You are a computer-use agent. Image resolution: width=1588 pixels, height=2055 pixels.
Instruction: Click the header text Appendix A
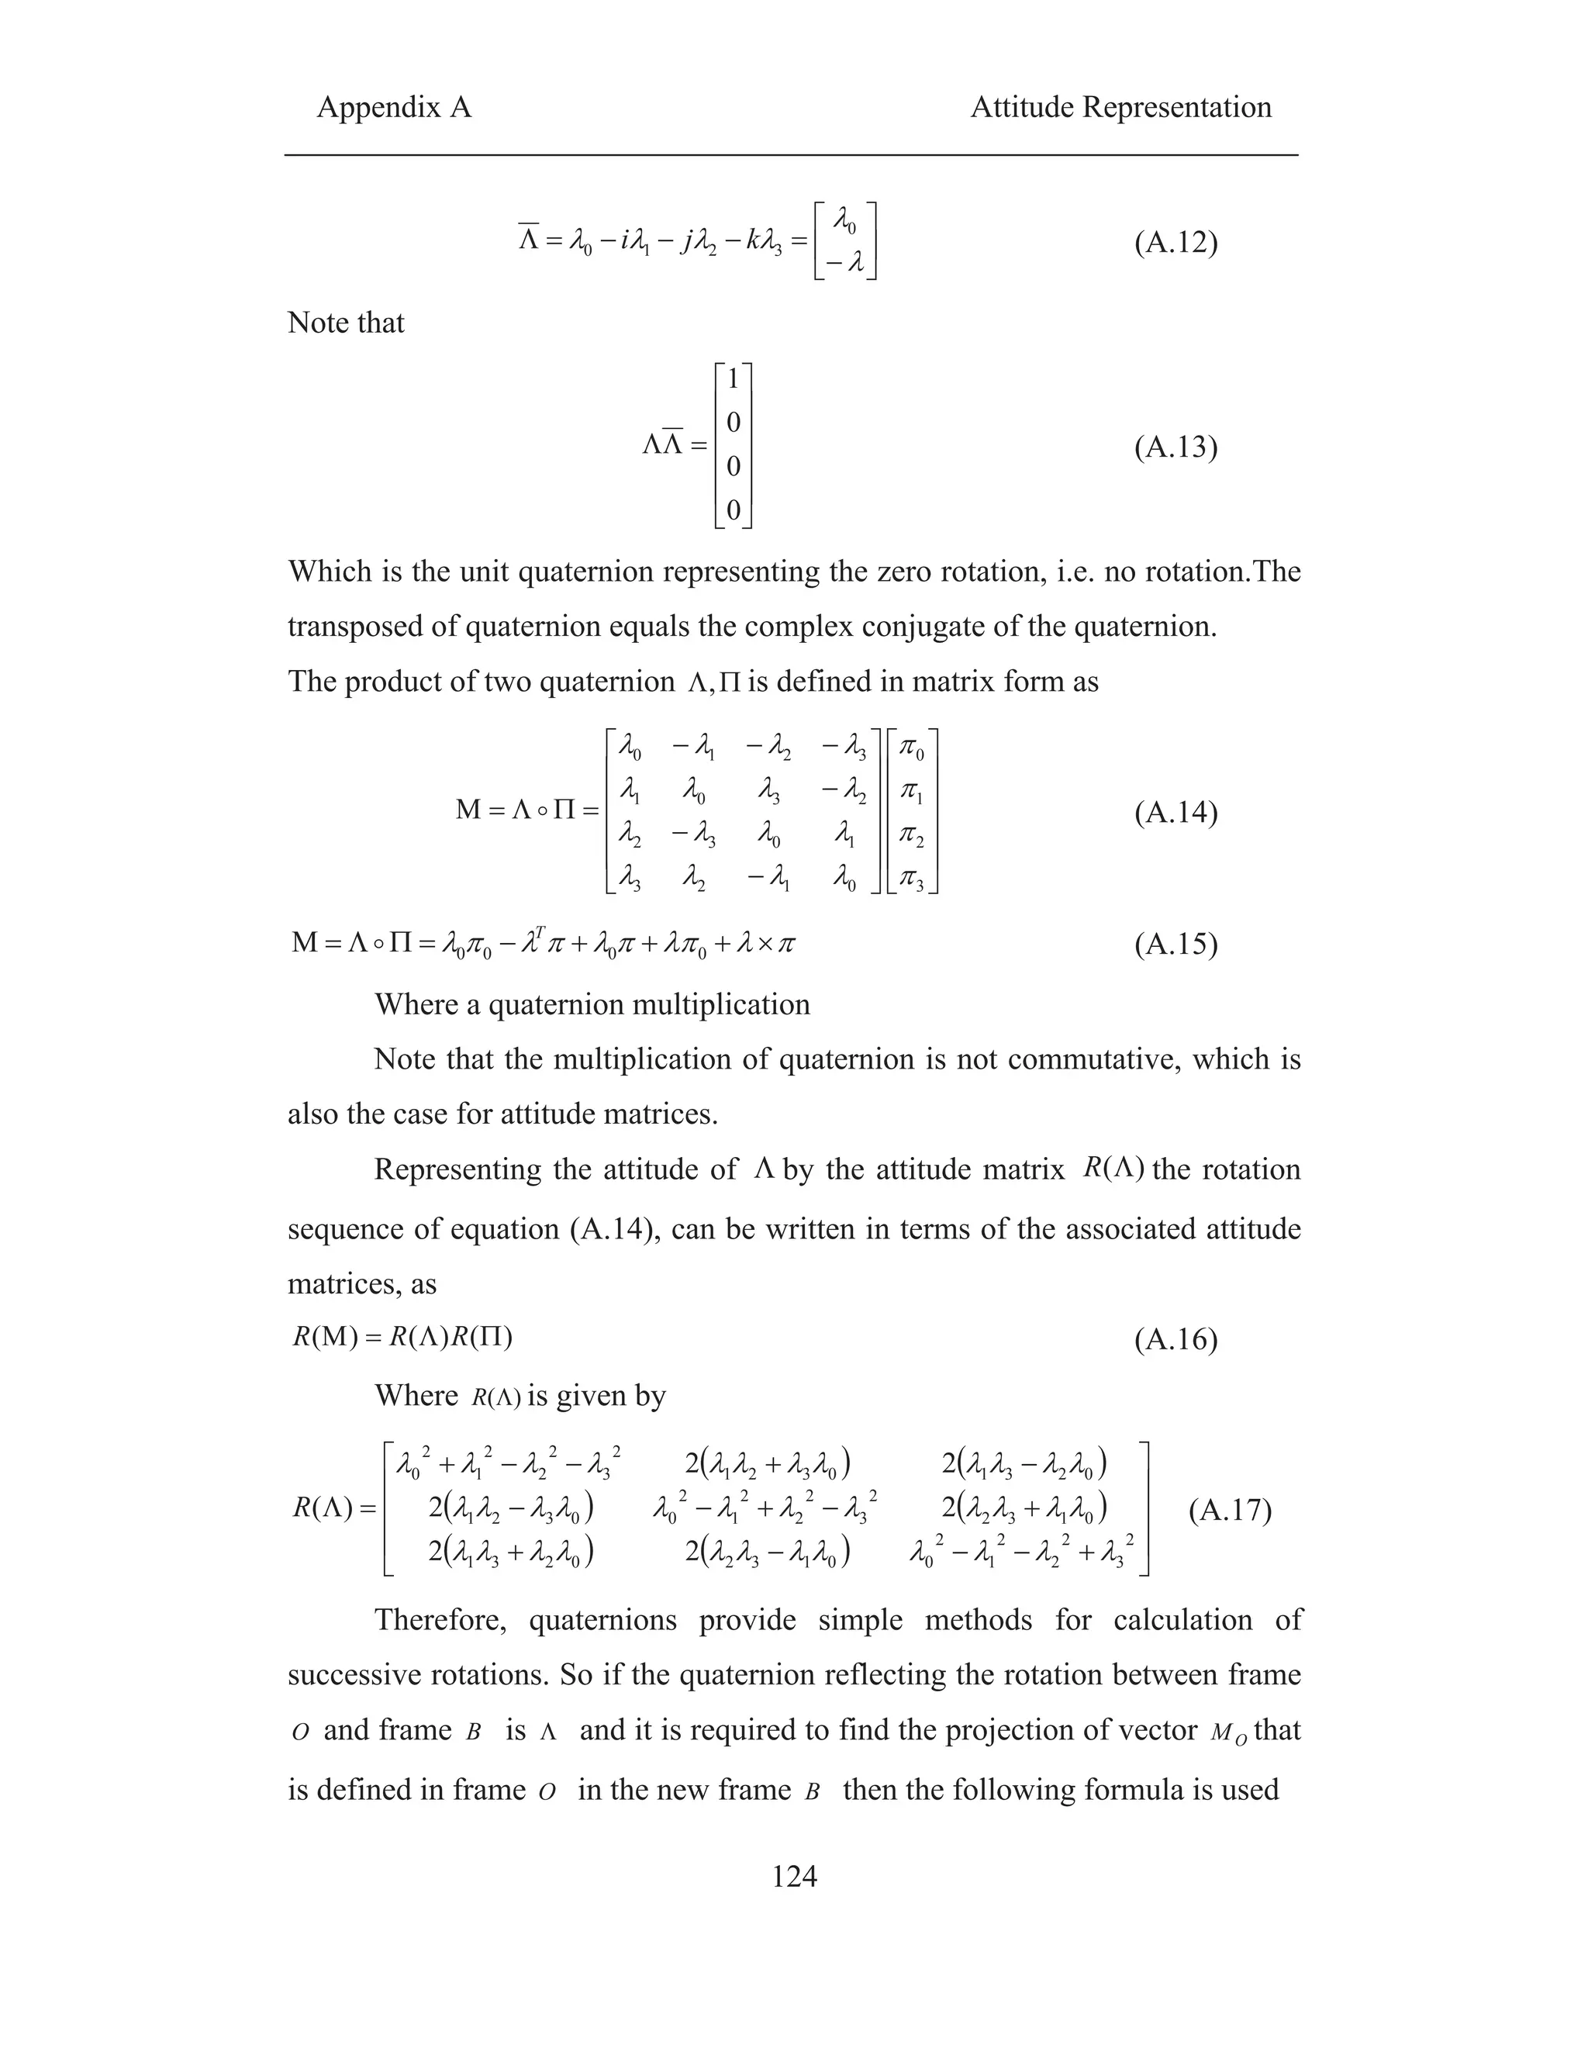click(393, 107)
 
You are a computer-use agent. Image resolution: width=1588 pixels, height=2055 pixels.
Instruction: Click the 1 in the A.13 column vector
click(734, 379)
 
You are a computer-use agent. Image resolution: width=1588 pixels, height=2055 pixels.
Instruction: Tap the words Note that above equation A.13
click(345, 323)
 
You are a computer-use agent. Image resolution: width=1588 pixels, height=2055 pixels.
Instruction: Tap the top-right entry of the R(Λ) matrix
click(1024, 1465)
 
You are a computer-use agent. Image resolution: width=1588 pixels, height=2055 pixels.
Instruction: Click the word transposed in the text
click(356, 627)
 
